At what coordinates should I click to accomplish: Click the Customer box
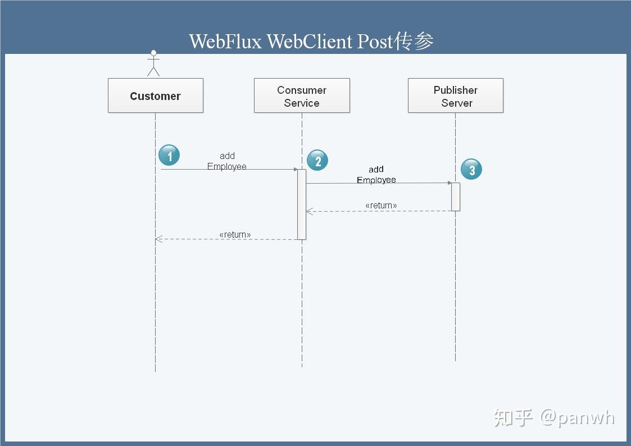(x=155, y=96)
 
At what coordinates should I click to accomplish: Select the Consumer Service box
(x=302, y=96)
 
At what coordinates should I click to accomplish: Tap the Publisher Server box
(x=455, y=96)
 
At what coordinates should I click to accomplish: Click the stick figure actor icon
(x=153, y=63)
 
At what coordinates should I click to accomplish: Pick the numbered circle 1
(x=169, y=155)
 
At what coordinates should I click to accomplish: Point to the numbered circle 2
(x=317, y=161)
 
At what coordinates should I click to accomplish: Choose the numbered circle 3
(x=471, y=170)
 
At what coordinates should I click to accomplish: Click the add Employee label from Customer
(x=227, y=161)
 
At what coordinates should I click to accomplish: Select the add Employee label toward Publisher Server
(x=376, y=174)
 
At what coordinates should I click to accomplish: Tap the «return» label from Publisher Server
(x=381, y=206)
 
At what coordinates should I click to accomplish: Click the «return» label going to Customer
(x=235, y=234)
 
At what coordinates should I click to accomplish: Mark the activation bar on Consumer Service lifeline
(x=302, y=204)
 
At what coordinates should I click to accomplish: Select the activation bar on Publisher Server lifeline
(x=455, y=197)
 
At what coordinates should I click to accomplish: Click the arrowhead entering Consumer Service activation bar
(x=295, y=169)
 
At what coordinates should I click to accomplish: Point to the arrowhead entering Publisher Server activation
(x=449, y=183)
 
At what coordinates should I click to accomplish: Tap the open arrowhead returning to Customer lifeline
(x=158, y=239)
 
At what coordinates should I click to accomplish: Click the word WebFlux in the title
(x=225, y=42)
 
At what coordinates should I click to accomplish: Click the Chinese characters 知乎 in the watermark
(x=513, y=417)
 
